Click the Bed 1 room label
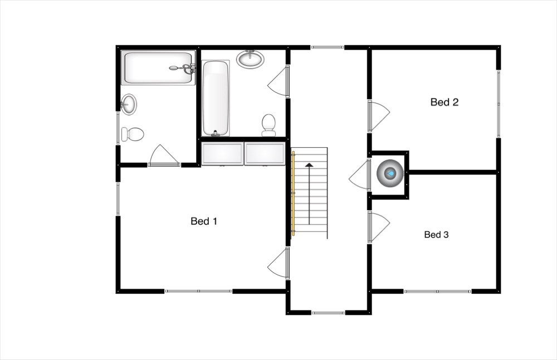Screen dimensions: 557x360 click(x=204, y=221)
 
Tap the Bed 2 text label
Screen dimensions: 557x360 click(x=444, y=102)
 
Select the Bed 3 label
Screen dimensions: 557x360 click(x=436, y=235)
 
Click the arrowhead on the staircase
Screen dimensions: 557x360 click(x=309, y=165)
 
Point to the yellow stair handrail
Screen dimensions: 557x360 click(x=294, y=193)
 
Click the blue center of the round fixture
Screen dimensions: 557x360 click(x=391, y=173)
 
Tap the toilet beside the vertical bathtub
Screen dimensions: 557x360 click(x=268, y=125)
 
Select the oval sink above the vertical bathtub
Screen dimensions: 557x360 click(x=251, y=59)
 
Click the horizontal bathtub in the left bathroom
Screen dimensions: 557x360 click(x=158, y=68)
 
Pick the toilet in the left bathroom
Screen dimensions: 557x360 click(x=133, y=134)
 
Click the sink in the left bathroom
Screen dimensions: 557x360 click(x=129, y=104)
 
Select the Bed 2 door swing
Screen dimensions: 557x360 click(x=379, y=115)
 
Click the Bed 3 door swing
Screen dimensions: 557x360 click(x=379, y=226)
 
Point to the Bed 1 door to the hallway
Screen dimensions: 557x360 click(x=278, y=263)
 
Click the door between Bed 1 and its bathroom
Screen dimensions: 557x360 click(x=164, y=155)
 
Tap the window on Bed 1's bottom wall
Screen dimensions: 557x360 click(x=199, y=291)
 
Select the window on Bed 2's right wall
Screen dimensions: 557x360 click(x=499, y=104)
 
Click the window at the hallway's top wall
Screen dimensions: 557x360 click(x=327, y=47)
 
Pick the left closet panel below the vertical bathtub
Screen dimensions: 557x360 click(x=222, y=154)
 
